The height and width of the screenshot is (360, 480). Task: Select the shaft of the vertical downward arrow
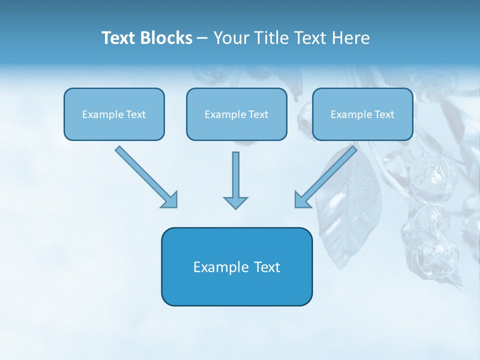point(235,172)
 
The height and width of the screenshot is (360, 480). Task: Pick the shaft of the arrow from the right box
point(332,170)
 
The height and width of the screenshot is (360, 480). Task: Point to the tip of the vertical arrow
point(235,207)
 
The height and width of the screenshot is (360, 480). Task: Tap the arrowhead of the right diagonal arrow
point(302,199)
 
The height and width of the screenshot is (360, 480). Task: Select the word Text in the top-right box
point(384,114)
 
